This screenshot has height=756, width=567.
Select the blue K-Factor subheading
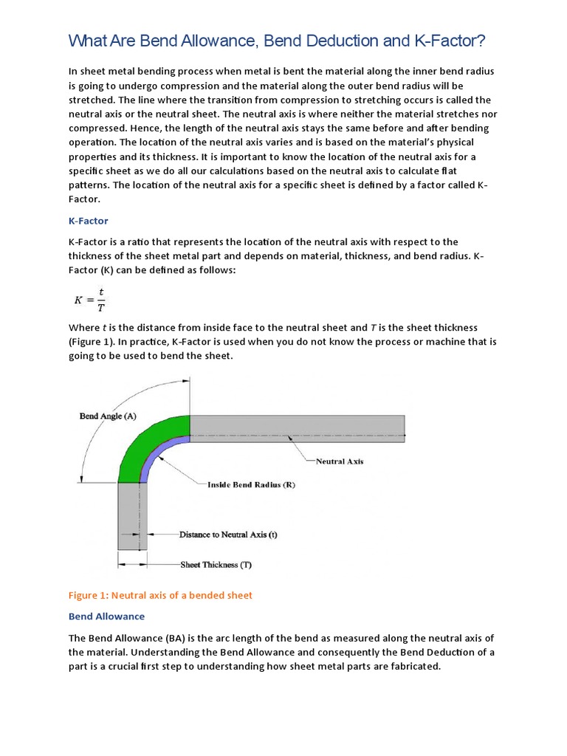tap(88, 221)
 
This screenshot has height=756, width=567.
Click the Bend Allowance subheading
tap(106, 616)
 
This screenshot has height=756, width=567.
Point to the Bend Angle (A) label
tap(108, 416)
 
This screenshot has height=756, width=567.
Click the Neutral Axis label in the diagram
tap(340, 461)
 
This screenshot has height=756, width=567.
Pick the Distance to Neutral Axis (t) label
tap(228, 534)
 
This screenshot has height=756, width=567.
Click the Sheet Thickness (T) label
tap(216, 565)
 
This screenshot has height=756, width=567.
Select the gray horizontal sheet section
tap(295, 428)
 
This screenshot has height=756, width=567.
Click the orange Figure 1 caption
tap(160, 596)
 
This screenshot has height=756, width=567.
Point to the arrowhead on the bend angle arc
tap(187, 382)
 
